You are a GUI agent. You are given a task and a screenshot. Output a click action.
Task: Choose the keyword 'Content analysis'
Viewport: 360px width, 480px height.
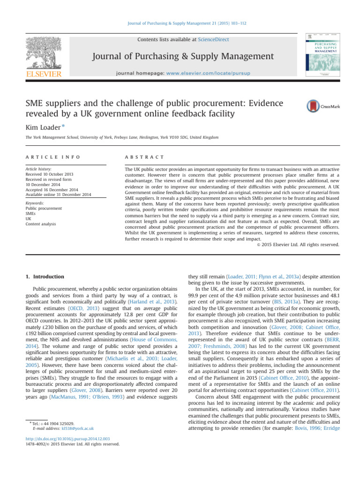pyautogui.click(x=41, y=224)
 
